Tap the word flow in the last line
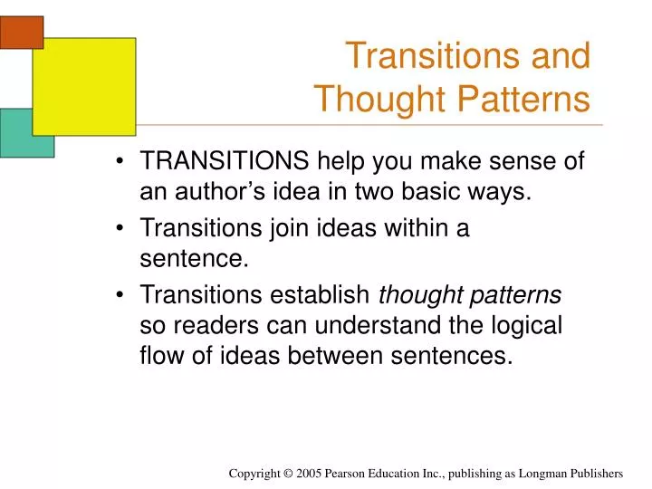coord(160,354)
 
